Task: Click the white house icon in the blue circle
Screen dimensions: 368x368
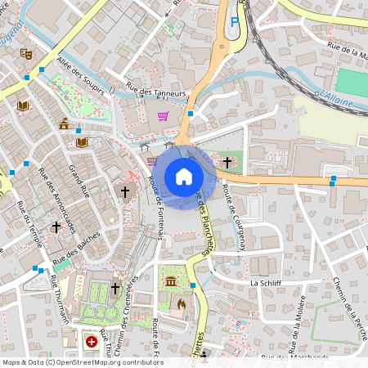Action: (x=184, y=176)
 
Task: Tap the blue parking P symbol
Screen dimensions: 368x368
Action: (x=235, y=22)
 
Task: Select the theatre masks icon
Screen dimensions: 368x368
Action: (x=26, y=53)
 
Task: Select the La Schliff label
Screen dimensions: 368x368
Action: (x=266, y=283)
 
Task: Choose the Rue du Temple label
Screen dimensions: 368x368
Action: (x=29, y=228)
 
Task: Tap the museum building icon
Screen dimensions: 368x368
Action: (x=170, y=282)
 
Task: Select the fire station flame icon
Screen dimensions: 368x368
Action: (x=180, y=303)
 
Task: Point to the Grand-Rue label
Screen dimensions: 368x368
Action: (x=79, y=182)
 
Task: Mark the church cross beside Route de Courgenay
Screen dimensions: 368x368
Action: (x=227, y=162)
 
